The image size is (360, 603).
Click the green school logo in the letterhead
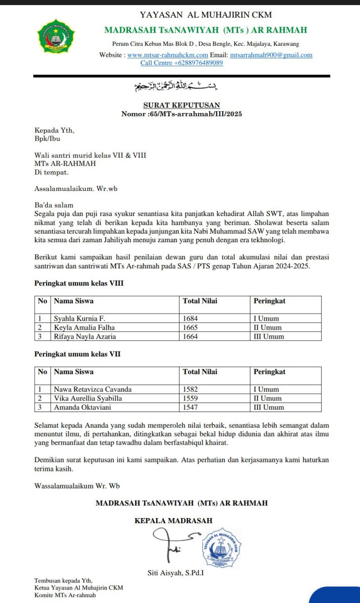56,37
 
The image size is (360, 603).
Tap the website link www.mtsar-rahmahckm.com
167,55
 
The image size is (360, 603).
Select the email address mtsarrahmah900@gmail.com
271,55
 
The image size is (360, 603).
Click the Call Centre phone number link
182,63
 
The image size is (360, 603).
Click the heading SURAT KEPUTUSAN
182,105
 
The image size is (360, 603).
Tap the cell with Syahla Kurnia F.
79,318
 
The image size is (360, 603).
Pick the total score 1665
191,327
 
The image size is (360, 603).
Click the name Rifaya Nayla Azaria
84,336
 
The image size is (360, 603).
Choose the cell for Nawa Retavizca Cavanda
93,389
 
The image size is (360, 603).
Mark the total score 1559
191,398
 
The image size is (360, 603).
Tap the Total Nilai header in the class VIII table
200,301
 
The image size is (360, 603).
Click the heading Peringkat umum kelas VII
77,354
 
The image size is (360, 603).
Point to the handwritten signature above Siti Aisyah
173,546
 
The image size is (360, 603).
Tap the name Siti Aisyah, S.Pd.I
175,572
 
